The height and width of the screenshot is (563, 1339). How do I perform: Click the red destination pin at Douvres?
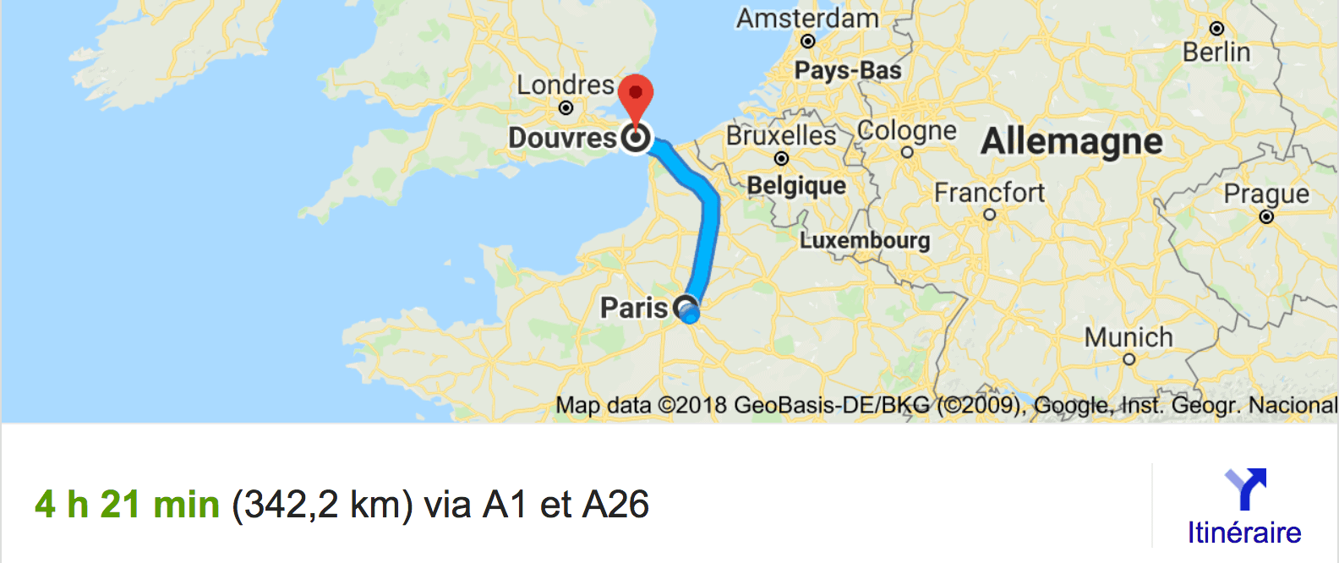pos(636,96)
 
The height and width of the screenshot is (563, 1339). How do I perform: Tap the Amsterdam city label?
pos(807,19)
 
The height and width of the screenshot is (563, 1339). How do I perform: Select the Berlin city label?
pos(1216,52)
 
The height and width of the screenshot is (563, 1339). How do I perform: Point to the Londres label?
pos(566,85)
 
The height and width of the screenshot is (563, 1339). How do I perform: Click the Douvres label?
pos(562,138)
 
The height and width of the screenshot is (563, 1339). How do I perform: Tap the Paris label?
pos(634,308)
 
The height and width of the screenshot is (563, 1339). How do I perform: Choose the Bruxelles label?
pos(781,135)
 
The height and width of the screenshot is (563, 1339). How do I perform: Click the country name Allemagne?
pos(1071,141)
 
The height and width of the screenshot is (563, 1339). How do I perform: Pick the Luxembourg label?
pos(865,241)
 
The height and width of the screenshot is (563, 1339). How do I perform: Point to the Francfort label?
pos(989,193)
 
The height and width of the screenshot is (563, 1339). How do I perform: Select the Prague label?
pos(1266,194)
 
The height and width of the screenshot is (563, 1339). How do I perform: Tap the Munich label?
pos(1129,337)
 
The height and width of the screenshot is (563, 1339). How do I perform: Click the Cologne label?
pos(907,131)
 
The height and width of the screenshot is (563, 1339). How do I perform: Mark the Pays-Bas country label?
pos(848,70)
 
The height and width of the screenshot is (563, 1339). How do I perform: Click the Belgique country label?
pos(796,186)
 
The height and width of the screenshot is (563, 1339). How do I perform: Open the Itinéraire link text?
pos(1244,533)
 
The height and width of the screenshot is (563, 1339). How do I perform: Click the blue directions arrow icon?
pos(1245,489)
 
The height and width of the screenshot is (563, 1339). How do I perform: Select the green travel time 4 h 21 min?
pos(128,505)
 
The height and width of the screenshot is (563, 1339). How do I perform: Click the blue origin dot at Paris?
pos(690,314)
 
